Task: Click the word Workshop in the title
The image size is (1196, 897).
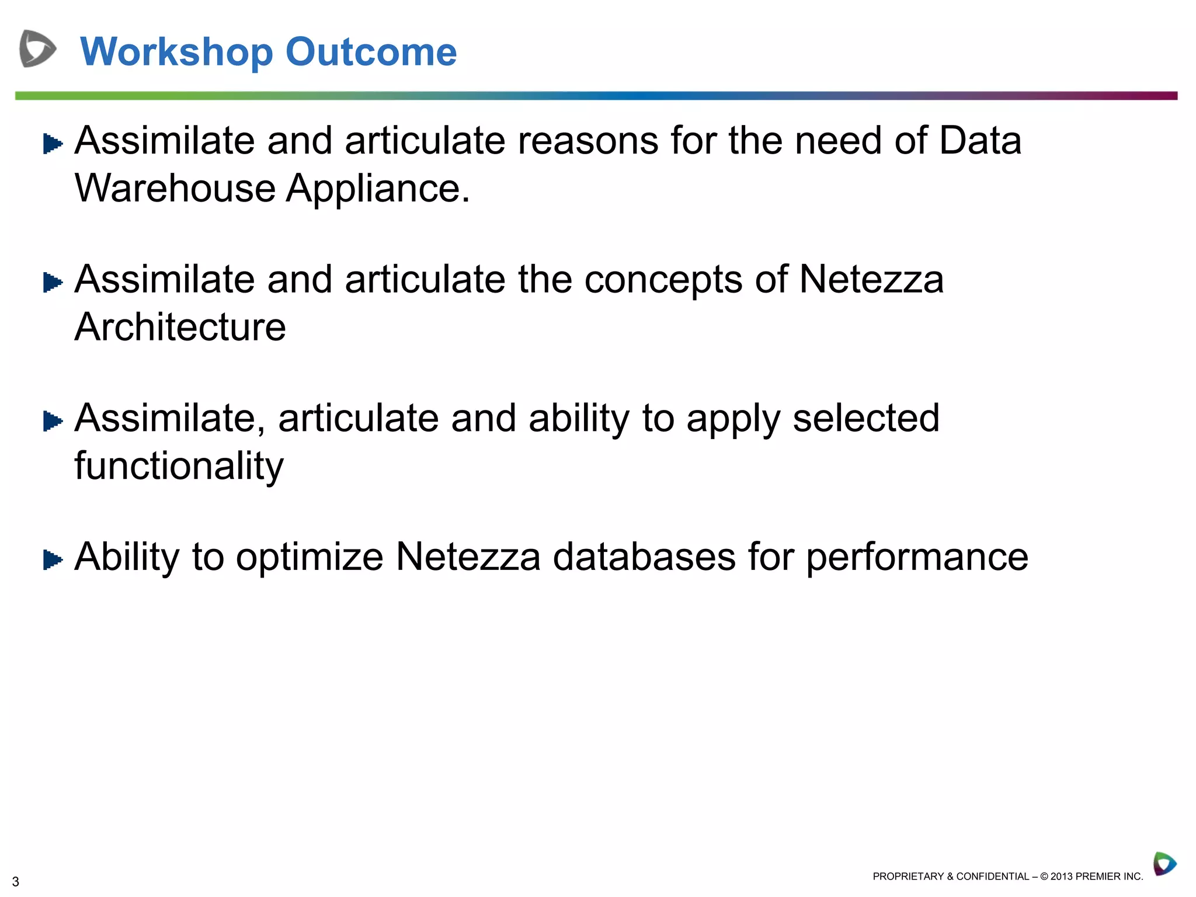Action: click(x=176, y=53)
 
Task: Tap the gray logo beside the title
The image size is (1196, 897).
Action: click(x=37, y=48)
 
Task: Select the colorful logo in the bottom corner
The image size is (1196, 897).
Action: click(x=1164, y=864)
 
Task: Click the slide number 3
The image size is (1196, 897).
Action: click(x=16, y=881)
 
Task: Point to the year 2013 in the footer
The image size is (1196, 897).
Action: click(x=1061, y=876)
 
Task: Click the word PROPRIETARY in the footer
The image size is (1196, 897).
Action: click(x=908, y=876)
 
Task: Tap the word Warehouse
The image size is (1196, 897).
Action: click(x=175, y=189)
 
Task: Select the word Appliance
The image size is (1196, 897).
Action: click(x=377, y=190)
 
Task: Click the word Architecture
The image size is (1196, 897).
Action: click(x=180, y=327)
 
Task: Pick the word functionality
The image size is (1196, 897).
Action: click(x=179, y=467)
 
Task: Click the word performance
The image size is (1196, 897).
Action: click(x=917, y=558)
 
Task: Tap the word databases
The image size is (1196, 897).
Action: click(x=644, y=557)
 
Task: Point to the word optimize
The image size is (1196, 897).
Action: click(x=310, y=558)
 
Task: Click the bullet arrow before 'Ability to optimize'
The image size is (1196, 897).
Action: click(x=53, y=560)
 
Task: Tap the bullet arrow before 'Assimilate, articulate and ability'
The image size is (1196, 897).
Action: click(x=53, y=421)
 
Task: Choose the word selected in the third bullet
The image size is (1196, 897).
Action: click(x=866, y=418)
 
